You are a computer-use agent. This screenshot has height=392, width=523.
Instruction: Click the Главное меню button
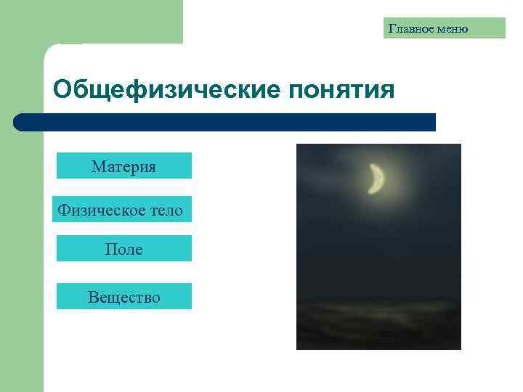444,28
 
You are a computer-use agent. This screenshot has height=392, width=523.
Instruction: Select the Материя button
123,166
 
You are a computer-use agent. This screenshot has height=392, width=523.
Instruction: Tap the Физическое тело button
123,210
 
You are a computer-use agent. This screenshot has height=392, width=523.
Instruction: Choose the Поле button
123,249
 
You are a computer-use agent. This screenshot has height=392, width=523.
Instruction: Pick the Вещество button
123,296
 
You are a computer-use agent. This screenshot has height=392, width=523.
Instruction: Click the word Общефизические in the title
166,91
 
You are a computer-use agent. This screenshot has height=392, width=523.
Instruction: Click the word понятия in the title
341,91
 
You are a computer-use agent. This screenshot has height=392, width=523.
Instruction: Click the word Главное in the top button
411,29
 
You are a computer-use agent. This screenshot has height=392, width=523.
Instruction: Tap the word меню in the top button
451,29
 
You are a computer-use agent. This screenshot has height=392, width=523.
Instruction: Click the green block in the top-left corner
91,20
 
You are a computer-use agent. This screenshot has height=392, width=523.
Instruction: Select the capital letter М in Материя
98,167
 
